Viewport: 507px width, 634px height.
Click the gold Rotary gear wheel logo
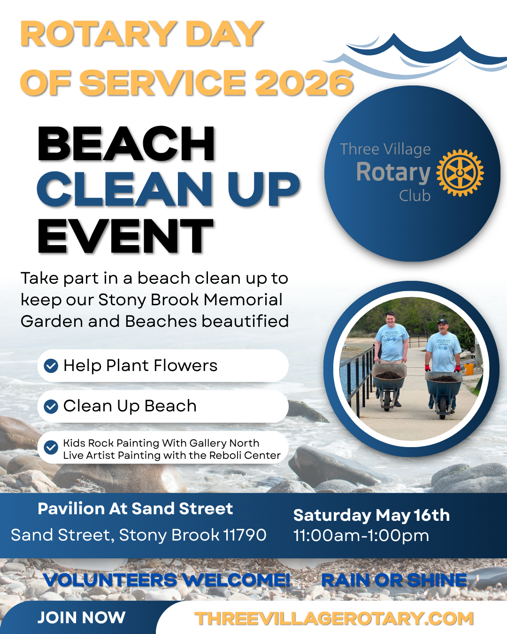coord(460,173)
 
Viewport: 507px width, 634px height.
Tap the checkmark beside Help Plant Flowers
coord(51,366)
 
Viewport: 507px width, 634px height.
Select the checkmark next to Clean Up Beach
coord(51,407)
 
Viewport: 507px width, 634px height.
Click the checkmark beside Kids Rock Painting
coord(51,448)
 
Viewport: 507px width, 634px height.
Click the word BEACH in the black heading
coord(126,144)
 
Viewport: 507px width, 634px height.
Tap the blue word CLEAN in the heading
coord(124,189)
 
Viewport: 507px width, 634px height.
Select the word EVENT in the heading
coord(125,236)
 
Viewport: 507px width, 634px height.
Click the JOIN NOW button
coord(81,618)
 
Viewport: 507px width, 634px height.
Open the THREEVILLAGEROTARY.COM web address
coord(334,618)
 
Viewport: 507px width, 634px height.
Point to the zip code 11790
coord(245,535)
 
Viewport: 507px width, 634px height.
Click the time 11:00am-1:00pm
coord(361,535)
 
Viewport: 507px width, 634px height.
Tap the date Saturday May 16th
coord(371,516)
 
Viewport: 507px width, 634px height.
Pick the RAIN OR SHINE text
coord(394,580)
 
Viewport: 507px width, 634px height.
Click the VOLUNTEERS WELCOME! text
coord(167,580)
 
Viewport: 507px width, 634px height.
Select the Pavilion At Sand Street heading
coord(135,509)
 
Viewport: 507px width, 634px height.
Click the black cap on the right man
coord(442,321)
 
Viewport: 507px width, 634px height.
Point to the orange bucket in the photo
coord(469,369)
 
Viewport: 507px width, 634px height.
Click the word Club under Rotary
coord(415,196)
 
